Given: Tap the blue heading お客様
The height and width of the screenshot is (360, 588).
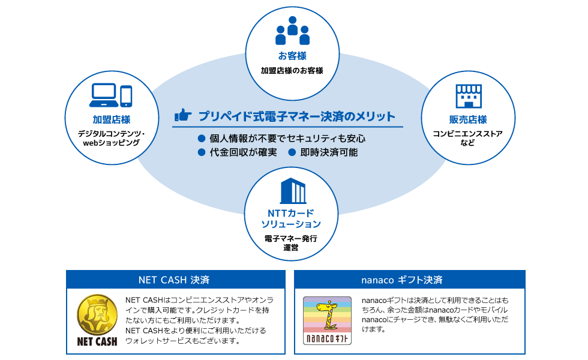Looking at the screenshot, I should tap(292, 56).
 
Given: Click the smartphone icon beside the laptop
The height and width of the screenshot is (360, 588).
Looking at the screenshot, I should tap(126, 95).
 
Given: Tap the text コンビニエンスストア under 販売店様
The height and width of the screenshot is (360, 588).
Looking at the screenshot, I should tap(468, 133).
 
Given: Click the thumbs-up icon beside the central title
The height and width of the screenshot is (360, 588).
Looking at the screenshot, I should tap(182, 115).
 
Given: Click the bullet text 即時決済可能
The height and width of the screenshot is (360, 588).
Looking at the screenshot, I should tap(329, 152).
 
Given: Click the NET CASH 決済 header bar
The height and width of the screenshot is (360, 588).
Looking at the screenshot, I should tap(175, 280).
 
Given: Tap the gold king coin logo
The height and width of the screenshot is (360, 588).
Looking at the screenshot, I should tap(97, 314).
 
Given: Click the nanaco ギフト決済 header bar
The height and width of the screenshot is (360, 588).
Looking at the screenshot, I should tap(410, 280).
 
